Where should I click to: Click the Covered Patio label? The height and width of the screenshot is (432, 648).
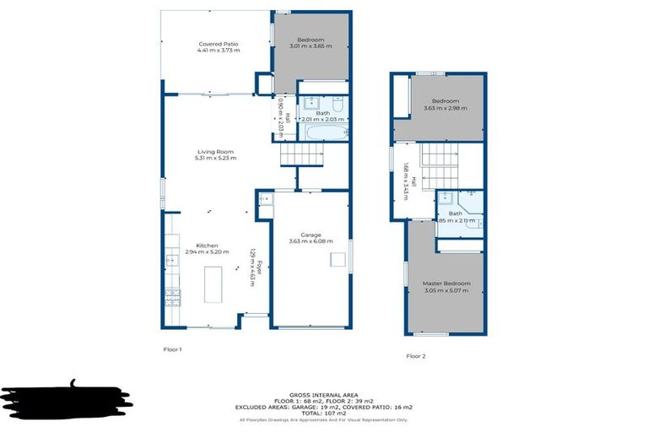pos(219,47)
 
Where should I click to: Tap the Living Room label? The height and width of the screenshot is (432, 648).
pos(215,154)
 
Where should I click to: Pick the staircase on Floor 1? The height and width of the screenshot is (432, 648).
pos(303,154)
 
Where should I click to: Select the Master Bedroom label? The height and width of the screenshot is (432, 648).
pos(447,287)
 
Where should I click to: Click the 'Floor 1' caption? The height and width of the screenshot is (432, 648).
pos(172,348)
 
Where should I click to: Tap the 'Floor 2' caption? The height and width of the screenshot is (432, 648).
pos(416,356)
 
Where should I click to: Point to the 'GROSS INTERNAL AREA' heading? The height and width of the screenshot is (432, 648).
pos(323,394)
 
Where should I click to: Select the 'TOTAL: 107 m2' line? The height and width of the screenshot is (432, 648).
pos(323,413)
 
